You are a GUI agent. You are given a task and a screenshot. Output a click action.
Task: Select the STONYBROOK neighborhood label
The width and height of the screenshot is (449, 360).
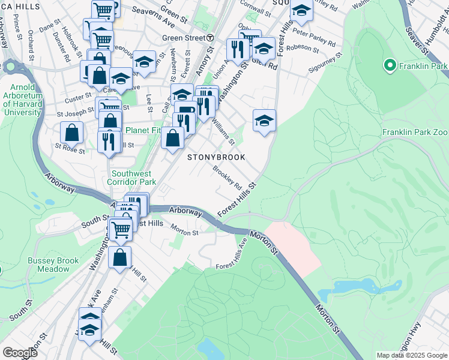[x=217, y=157]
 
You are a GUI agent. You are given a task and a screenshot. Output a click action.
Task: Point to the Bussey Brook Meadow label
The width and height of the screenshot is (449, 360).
[x=53, y=265]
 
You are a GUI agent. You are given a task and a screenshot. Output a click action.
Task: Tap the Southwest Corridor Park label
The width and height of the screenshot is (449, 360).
[x=132, y=178]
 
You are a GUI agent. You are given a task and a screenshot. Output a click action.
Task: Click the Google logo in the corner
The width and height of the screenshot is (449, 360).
[x=20, y=353]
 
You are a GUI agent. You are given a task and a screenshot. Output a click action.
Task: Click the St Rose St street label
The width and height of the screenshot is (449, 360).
[x=70, y=148]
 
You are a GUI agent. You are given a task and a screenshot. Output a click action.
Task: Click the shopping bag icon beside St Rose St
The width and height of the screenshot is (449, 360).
[x=72, y=133]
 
